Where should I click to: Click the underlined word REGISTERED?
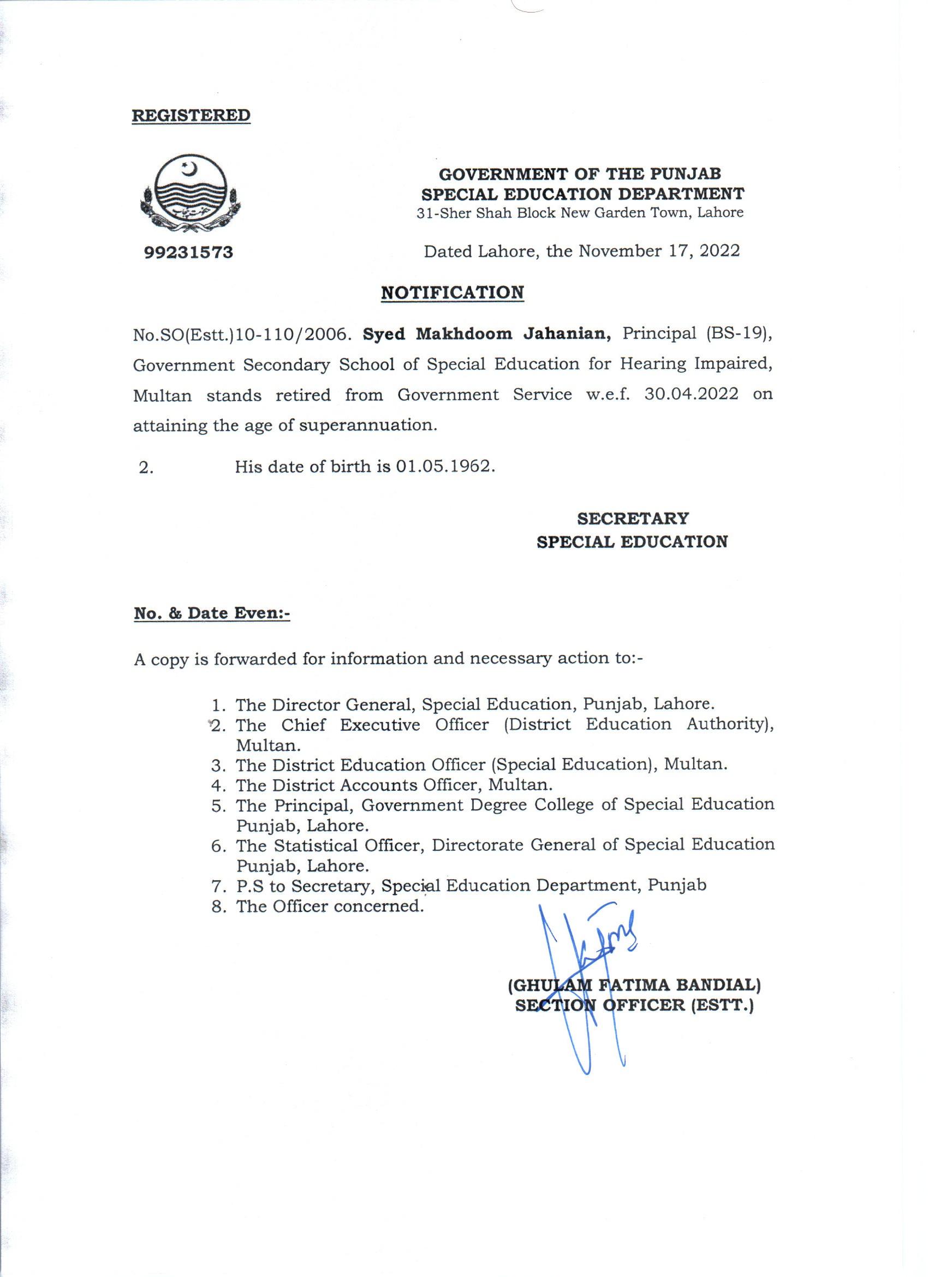(191, 116)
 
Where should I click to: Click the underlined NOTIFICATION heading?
(452, 293)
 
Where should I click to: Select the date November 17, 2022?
(659, 251)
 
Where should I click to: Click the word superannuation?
(368, 426)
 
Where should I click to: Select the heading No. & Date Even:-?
(212, 613)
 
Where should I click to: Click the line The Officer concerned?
(329, 907)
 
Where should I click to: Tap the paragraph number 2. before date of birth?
(146, 468)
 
